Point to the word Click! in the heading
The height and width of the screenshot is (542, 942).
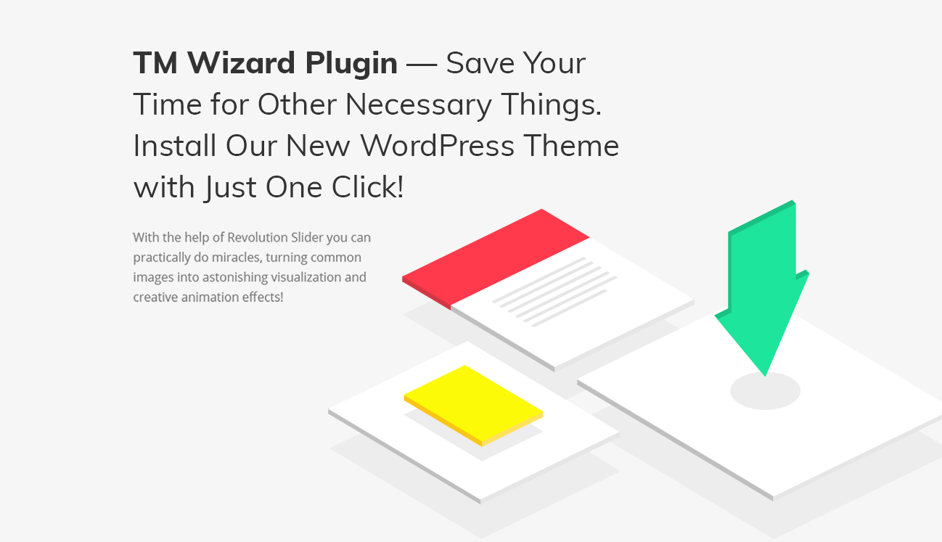(367, 188)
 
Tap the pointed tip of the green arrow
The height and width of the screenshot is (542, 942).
(765, 374)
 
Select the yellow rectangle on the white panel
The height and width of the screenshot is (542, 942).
(473, 403)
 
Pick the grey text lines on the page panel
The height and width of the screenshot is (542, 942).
(554, 290)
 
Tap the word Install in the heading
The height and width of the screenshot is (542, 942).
(175, 146)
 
